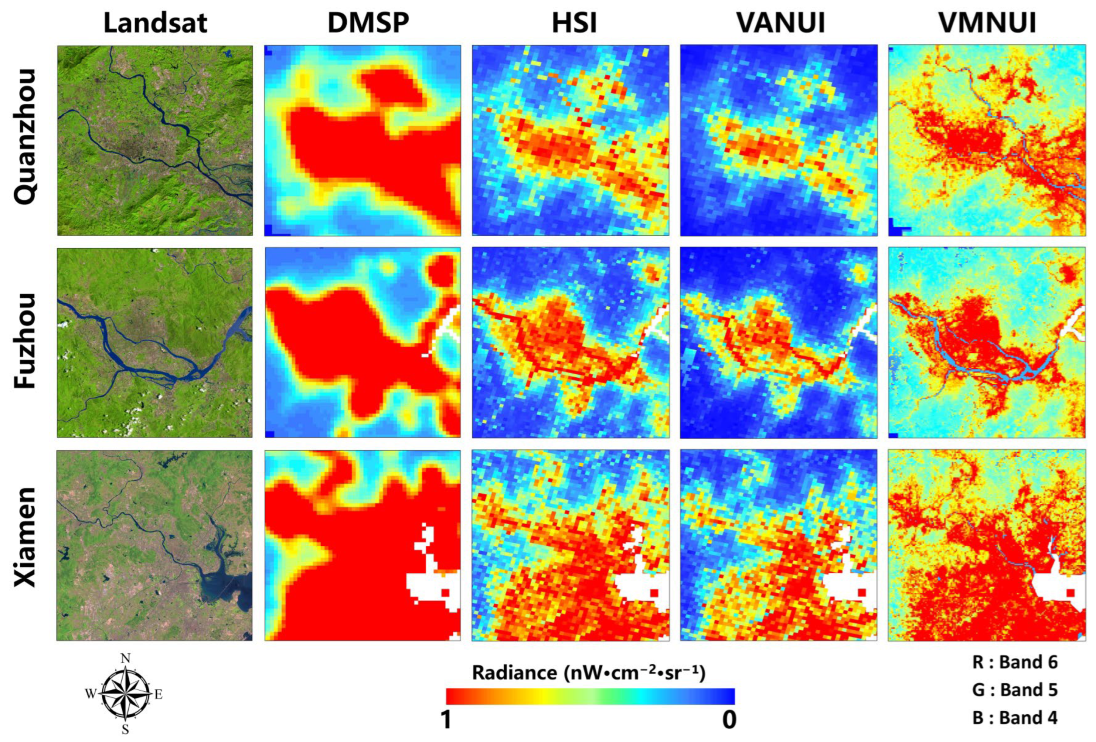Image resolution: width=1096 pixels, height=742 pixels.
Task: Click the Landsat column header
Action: pos(155,22)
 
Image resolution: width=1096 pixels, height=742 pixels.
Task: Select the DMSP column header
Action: pos(368,22)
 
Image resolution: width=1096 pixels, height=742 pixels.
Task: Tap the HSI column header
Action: pos(574,22)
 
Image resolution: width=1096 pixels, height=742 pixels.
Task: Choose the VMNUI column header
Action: pos(987,22)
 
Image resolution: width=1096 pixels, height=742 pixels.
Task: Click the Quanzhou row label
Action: pos(25,137)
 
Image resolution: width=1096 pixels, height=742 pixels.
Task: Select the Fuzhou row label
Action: pos(25,341)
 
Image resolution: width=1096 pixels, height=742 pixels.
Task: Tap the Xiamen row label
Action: pos(25,537)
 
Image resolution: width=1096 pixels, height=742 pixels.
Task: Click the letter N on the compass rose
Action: pos(125,658)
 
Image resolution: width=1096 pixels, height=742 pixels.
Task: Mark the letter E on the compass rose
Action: pos(159,694)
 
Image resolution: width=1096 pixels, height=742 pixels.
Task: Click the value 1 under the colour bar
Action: pos(446,720)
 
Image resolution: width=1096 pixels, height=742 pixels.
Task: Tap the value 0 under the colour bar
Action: pos(729,720)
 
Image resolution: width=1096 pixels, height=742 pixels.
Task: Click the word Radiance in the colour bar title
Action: pos(514,672)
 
